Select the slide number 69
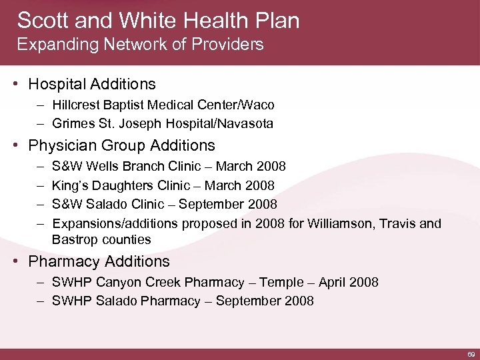tap(471, 353)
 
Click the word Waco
tap(259, 105)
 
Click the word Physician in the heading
tap(63, 145)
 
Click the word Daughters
tap(120, 185)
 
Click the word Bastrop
tap(75, 239)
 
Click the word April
tap(332, 282)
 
